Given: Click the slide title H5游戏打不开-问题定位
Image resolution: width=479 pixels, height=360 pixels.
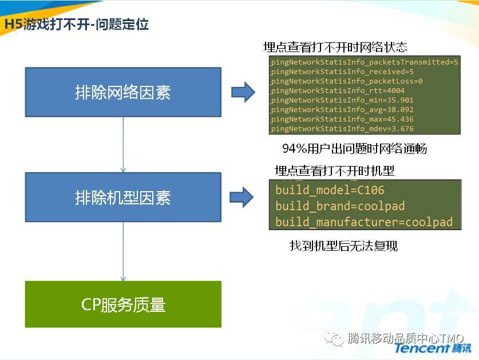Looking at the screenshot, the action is [76, 24].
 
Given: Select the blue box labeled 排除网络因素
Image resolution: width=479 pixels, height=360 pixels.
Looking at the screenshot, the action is [123, 92].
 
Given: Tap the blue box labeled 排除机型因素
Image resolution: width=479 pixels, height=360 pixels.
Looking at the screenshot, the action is [123, 197].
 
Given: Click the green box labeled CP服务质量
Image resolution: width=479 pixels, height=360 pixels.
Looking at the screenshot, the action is [123, 304].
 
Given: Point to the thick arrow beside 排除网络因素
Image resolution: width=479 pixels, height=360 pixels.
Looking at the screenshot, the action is [243, 92].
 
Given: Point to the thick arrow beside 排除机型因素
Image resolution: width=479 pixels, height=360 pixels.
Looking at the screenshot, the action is [242, 197].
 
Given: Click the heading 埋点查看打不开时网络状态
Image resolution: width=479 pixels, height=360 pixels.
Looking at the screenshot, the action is [335, 47].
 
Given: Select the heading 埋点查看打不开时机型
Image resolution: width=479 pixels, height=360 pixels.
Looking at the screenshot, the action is [335, 171].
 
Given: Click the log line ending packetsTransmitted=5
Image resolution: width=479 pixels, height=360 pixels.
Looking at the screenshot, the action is [364, 62].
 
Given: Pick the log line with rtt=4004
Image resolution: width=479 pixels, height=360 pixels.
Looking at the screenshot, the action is [337, 90].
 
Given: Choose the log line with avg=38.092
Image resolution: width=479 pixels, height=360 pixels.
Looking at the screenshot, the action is [342, 109].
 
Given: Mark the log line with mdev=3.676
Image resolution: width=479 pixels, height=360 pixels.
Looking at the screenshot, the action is [342, 128].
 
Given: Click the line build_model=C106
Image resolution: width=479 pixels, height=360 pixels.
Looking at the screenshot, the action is [330, 190].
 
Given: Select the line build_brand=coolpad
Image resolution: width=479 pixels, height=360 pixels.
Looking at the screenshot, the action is [340, 206].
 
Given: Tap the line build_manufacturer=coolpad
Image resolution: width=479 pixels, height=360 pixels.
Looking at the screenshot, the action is [364, 222].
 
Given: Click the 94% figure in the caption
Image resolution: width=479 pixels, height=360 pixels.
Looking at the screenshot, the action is [295, 149].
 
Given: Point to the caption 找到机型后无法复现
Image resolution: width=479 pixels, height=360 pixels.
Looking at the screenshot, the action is [343, 246].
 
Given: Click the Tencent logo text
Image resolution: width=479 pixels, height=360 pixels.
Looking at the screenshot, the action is [432, 348].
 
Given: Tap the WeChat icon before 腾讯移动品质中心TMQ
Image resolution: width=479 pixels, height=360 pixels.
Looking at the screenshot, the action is [334, 338].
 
